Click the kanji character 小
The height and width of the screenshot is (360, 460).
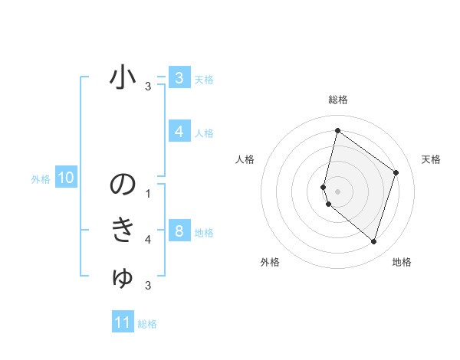123,78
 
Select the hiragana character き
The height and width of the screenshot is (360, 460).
123,230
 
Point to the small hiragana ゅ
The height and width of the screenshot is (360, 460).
123,278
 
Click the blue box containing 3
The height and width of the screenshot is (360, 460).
179,77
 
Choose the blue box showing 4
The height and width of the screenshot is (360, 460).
179,132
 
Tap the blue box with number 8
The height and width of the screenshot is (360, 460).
179,231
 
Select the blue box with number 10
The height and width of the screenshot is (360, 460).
65,178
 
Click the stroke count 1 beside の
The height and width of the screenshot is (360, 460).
148,194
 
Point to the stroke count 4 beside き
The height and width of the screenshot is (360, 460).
148,240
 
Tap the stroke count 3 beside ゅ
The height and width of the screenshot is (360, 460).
148,286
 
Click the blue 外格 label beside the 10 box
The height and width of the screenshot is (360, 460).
41,179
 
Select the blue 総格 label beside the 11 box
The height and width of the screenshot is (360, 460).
147,324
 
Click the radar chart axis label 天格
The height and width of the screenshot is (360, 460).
431,159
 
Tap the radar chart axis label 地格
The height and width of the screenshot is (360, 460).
402,262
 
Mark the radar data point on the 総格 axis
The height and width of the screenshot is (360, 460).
337,130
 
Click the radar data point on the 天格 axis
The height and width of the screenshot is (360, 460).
396,172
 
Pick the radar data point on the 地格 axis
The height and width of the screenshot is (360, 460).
373,242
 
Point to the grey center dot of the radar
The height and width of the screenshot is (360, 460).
337,191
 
